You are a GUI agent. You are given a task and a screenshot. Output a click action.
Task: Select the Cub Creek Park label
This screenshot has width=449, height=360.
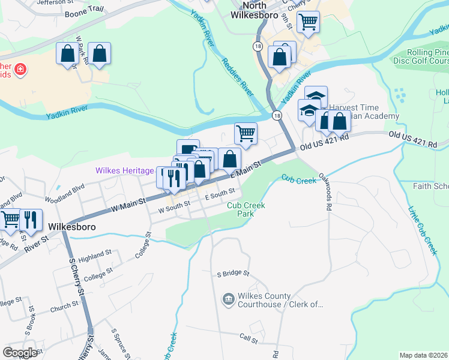click(246, 209)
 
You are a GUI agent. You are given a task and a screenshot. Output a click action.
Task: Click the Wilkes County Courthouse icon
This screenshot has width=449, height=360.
click(228, 299)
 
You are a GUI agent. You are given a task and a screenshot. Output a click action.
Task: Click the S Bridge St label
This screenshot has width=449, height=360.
click(233, 274)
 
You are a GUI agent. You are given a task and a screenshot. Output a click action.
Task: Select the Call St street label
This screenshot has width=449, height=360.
click(249, 340)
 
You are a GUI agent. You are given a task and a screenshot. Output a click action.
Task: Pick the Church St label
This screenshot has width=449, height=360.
click(64, 306)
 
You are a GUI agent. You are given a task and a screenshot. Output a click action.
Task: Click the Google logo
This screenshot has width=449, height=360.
click(20, 352)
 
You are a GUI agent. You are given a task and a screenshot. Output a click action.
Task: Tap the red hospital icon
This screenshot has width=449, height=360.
click(20, 70)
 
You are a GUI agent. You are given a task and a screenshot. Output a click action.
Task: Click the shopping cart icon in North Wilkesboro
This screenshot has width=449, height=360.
click(307, 22)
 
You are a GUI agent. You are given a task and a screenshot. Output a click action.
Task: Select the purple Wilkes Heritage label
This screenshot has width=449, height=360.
click(124, 171)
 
